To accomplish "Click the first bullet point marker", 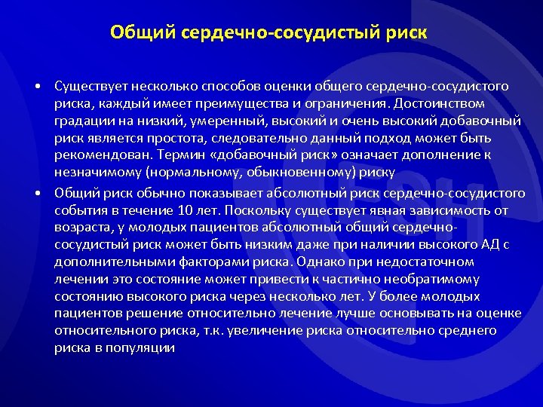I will (36, 86).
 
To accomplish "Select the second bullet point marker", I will (36, 192).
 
